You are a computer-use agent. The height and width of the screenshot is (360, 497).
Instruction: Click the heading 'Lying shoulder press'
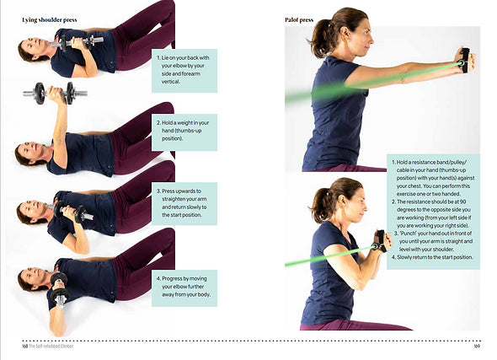50,20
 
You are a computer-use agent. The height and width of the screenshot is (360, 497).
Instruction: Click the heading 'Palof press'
299,20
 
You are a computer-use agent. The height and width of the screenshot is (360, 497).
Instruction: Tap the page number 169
477,346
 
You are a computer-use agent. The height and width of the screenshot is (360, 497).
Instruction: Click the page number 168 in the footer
25,346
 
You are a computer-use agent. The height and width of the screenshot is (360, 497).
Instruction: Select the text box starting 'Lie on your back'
184,71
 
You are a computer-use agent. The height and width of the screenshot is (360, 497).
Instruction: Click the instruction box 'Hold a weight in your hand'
184,132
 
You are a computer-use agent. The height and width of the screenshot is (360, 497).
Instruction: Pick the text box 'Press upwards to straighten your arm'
184,203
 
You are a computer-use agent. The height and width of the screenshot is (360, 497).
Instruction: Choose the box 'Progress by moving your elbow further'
184,288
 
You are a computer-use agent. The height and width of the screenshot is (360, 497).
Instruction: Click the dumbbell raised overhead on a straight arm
55,94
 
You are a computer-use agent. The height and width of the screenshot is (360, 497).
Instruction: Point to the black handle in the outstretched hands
465,60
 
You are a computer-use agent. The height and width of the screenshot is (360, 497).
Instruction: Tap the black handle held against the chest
381,241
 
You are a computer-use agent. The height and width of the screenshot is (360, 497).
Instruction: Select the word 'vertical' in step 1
171,82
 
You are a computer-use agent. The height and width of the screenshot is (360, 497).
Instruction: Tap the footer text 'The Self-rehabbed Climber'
51,346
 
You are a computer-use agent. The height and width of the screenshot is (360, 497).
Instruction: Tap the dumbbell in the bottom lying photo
59,290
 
